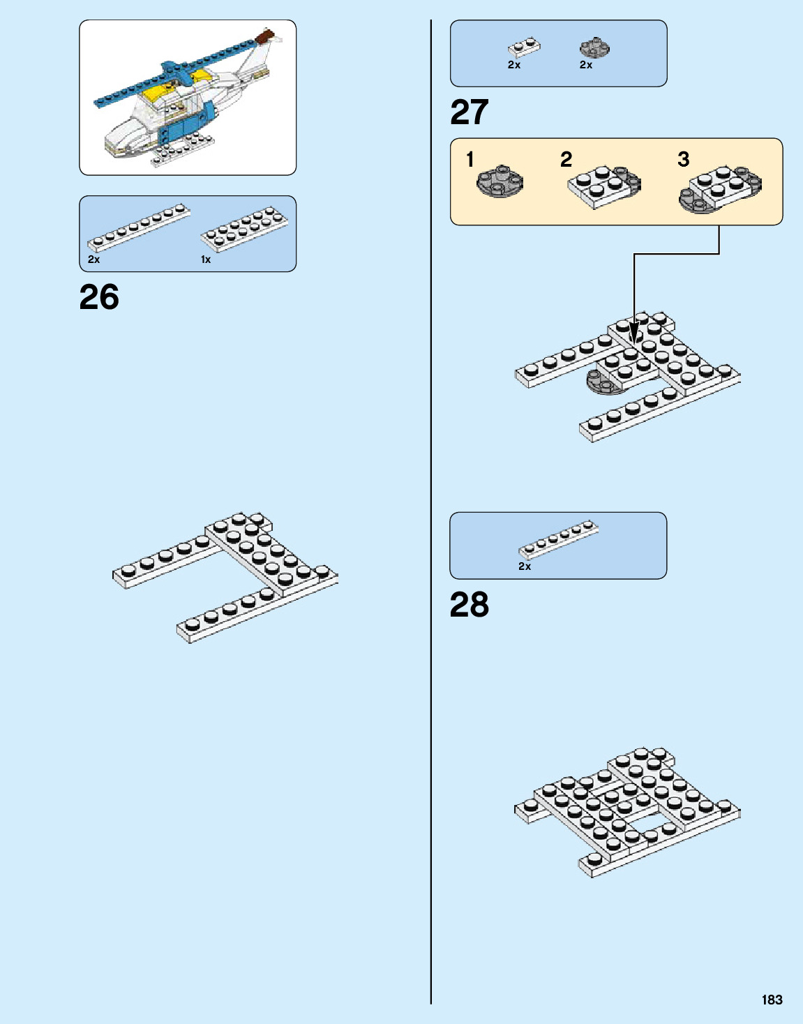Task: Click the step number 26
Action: [x=99, y=297]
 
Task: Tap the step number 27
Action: [x=470, y=112]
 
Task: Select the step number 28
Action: [x=470, y=605]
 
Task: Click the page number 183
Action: [x=772, y=1000]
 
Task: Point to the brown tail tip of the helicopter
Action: [x=266, y=36]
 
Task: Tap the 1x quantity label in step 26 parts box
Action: [x=206, y=259]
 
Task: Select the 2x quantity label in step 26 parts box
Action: [x=94, y=259]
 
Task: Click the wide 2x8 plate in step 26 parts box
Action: [x=244, y=228]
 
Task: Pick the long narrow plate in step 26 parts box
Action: [x=138, y=227]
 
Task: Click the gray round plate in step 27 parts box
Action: [x=594, y=48]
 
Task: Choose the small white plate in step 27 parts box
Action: [x=524, y=47]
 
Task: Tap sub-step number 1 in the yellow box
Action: [x=470, y=160]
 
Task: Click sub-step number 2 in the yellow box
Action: [x=566, y=160]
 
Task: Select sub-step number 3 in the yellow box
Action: [x=684, y=160]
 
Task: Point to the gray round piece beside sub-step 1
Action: [x=500, y=182]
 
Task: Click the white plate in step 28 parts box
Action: [x=558, y=539]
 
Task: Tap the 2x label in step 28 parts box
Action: [x=525, y=566]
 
